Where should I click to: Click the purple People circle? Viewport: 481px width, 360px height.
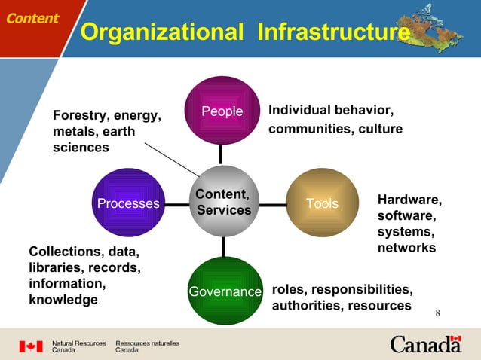tap(222, 111)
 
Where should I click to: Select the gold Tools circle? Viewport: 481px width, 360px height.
tap(322, 203)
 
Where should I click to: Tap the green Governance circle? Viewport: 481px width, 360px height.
tap(223, 291)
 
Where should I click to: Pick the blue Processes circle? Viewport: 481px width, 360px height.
tap(128, 203)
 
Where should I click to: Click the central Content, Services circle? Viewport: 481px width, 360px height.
tap(223, 202)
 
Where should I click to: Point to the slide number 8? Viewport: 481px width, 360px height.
tap(437, 313)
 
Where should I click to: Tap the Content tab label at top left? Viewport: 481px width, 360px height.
tap(32, 18)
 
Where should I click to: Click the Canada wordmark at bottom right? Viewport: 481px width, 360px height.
tap(425, 345)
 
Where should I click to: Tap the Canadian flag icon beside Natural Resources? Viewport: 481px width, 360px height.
tap(31, 346)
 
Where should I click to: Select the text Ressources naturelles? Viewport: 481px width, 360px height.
tap(147, 343)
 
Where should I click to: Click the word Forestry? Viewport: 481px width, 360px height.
tap(79, 115)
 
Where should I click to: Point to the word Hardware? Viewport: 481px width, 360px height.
tap(409, 199)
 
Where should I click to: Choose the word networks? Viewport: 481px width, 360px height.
tap(406, 247)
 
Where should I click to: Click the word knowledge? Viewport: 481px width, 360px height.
tap(63, 300)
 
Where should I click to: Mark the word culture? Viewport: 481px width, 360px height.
tap(380, 129)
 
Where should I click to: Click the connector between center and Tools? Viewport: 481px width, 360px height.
tap(269, 203)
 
